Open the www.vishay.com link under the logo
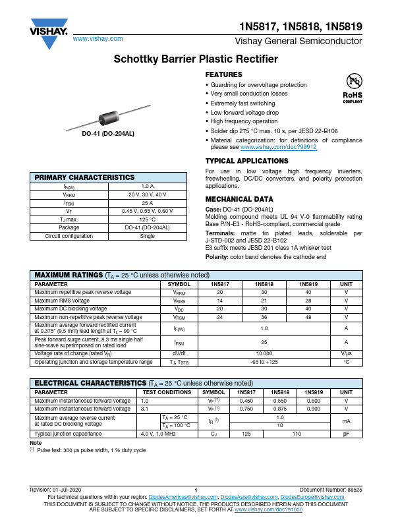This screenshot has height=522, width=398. point(98,39)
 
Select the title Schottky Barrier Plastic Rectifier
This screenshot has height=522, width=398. point(199,59)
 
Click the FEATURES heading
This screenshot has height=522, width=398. point(224,75)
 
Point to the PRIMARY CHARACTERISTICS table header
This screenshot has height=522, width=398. point(84,177)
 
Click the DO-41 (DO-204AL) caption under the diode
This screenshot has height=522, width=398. point(108,134)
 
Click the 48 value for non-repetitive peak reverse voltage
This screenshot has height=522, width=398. point(308,317)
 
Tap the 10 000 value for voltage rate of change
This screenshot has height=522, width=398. point(264,353)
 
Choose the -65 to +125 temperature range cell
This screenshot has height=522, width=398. point(264,362)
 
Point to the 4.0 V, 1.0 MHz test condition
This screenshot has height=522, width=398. point(158,434)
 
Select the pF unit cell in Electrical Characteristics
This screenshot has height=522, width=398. point(346,434)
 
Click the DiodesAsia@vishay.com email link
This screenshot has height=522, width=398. point(248,497)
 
